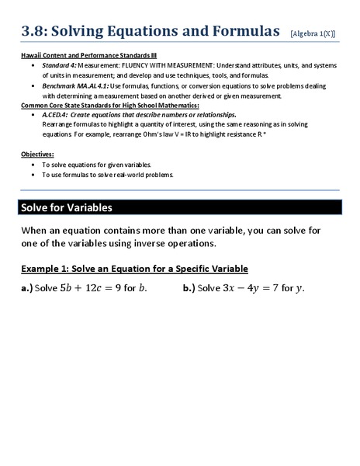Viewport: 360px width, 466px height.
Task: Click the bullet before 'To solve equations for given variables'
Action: [x=32, y=165]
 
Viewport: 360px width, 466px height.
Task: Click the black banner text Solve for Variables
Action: [x=67, y=208]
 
